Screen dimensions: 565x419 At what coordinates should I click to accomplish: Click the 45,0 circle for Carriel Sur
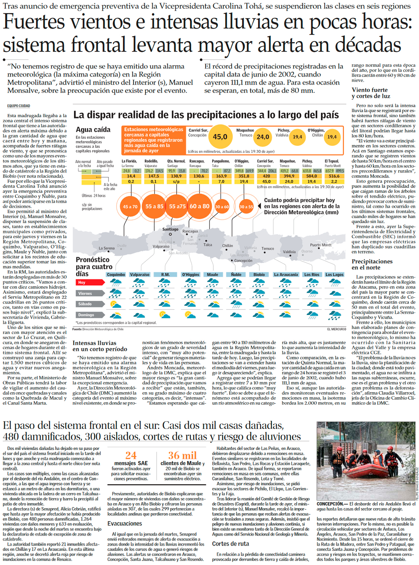coord(220,136)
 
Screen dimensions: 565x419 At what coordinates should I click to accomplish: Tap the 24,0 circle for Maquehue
coord(262,137)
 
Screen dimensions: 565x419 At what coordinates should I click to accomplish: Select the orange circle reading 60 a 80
coord(199,206)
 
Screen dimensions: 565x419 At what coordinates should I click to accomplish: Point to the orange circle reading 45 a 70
coord(130,207)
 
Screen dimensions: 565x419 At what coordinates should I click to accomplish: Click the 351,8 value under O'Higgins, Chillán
coord(244,176)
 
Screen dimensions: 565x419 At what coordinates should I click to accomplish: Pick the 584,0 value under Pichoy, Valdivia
coord(311,176)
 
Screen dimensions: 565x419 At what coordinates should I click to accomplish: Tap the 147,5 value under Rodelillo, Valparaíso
coord(154,176)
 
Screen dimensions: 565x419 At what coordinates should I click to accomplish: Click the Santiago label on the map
coord(170,229)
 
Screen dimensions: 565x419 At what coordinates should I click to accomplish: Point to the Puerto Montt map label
coord(320,245)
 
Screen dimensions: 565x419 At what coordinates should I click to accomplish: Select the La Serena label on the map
coord(107,248)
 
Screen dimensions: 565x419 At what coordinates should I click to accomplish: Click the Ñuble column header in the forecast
coord(236,274)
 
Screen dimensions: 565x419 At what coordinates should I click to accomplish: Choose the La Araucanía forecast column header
coord(286,274)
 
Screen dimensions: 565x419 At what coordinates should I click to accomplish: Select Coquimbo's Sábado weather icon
coord(115,304)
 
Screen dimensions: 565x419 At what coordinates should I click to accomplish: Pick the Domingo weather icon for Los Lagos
coord(334,315)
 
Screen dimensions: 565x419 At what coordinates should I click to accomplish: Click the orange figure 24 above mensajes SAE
coord(131,455)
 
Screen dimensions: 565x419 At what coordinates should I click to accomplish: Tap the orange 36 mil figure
coord(182,455)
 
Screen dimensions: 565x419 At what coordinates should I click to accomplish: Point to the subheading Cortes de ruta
coord(230,544)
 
